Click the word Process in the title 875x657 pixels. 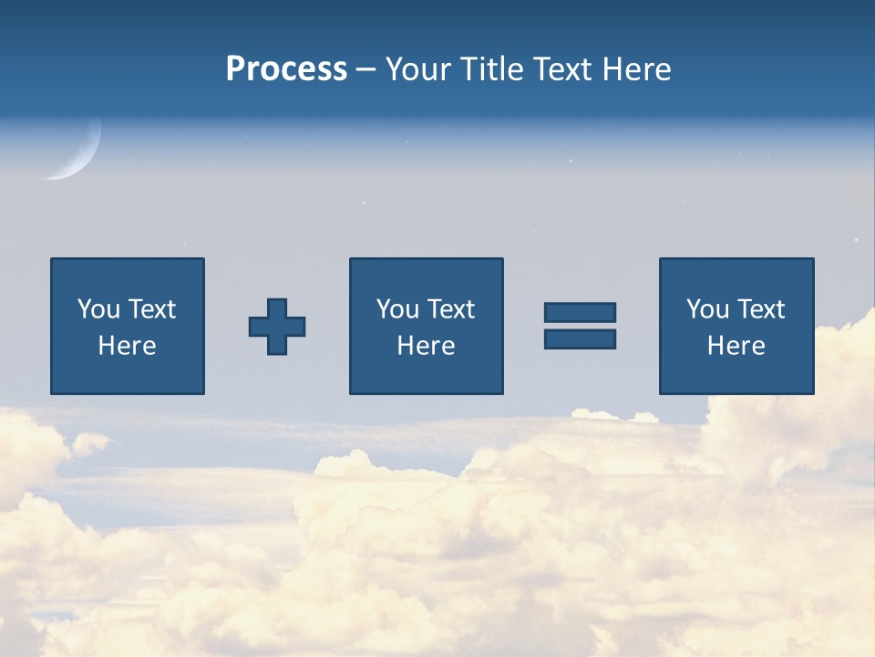[x=286, y=69]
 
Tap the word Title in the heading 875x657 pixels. [x=493, y=69]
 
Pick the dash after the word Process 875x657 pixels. [x=366, y=70]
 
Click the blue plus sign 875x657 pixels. [x=277, y=327]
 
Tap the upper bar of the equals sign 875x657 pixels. [x=580, y=312]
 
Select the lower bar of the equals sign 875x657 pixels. [x=580, y=339]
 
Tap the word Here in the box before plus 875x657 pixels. [x=128, y=346]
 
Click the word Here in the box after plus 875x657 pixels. [x=426, y=346]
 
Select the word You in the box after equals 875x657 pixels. [x=707, y=309]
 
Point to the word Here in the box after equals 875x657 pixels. [x=736, y=346]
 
